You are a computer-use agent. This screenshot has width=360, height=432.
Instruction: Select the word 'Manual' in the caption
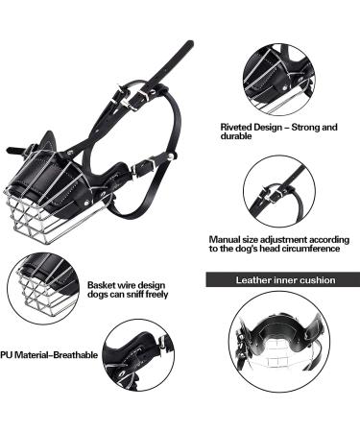coord(225,238)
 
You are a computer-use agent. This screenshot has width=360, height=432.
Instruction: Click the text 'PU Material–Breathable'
coord(50,354)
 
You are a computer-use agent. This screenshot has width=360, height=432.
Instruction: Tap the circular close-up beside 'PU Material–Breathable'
coord(138,356)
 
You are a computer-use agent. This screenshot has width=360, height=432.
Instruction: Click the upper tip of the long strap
coord(188,44)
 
